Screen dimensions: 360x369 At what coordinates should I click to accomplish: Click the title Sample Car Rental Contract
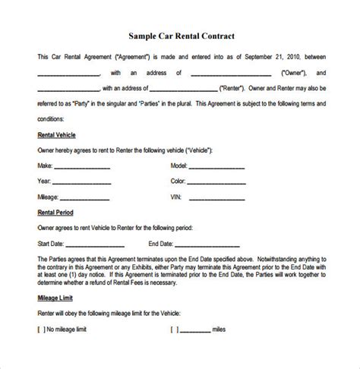click(x=179, y=36)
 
